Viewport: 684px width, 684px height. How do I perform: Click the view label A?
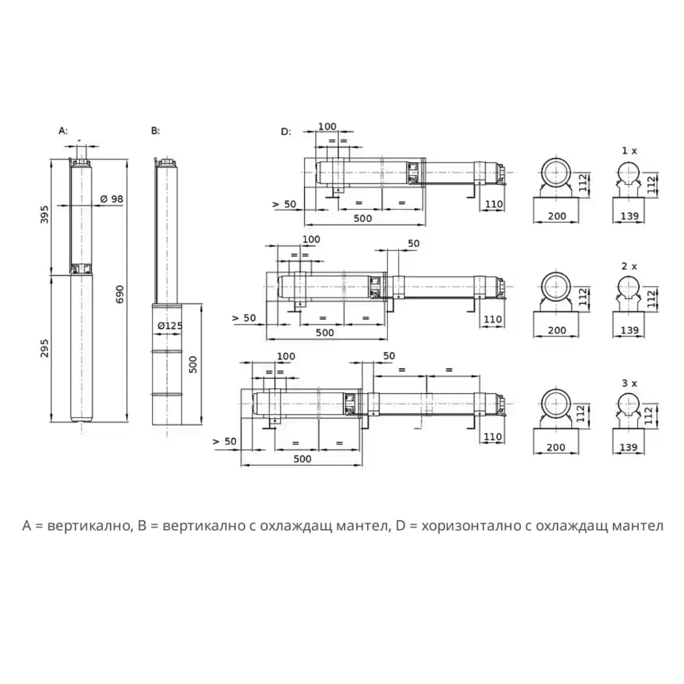coord(63,131)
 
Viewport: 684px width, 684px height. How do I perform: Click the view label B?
coord(155,131)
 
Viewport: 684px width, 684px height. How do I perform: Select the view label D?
coord(286,131)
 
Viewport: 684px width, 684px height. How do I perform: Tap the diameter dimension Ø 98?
coord(112,199)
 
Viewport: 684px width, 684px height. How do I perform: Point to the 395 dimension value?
coord(44,214)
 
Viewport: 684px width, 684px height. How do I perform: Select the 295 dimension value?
coord(44,348)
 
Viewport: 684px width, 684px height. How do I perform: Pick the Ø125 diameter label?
coord(170,326)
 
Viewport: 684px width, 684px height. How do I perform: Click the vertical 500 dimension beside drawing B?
coord(193,364)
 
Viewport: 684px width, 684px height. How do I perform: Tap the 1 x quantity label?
coord(629,151)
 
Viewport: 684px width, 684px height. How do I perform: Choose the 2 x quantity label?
coord(629,266)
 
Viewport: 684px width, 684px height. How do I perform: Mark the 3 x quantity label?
coord(629,383)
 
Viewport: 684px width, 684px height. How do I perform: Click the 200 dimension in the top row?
coord(556,217)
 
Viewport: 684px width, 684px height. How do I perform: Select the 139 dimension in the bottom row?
coord(628,447)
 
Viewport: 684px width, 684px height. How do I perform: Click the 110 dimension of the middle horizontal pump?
coord(493,319)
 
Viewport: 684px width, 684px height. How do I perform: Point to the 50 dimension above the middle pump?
coord(413,243)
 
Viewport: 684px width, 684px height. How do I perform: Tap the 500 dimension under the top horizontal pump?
coord(362,218)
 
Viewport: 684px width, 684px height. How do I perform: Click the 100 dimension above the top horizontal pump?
coord(327,126)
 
